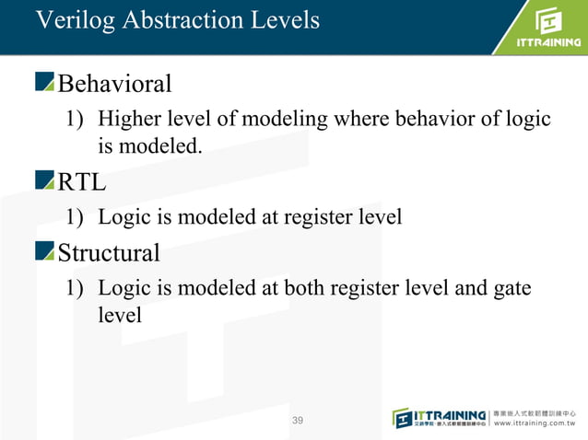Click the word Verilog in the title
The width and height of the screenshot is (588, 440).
(70, 19)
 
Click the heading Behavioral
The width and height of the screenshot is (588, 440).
(114, 85)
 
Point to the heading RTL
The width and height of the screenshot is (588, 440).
(82, 182)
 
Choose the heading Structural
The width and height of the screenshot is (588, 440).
(109, 252)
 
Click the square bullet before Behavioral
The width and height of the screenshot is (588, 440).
(45, 85)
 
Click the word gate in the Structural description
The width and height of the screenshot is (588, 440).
(512, 288)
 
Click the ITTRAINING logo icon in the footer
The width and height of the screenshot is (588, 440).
(405, 417)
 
